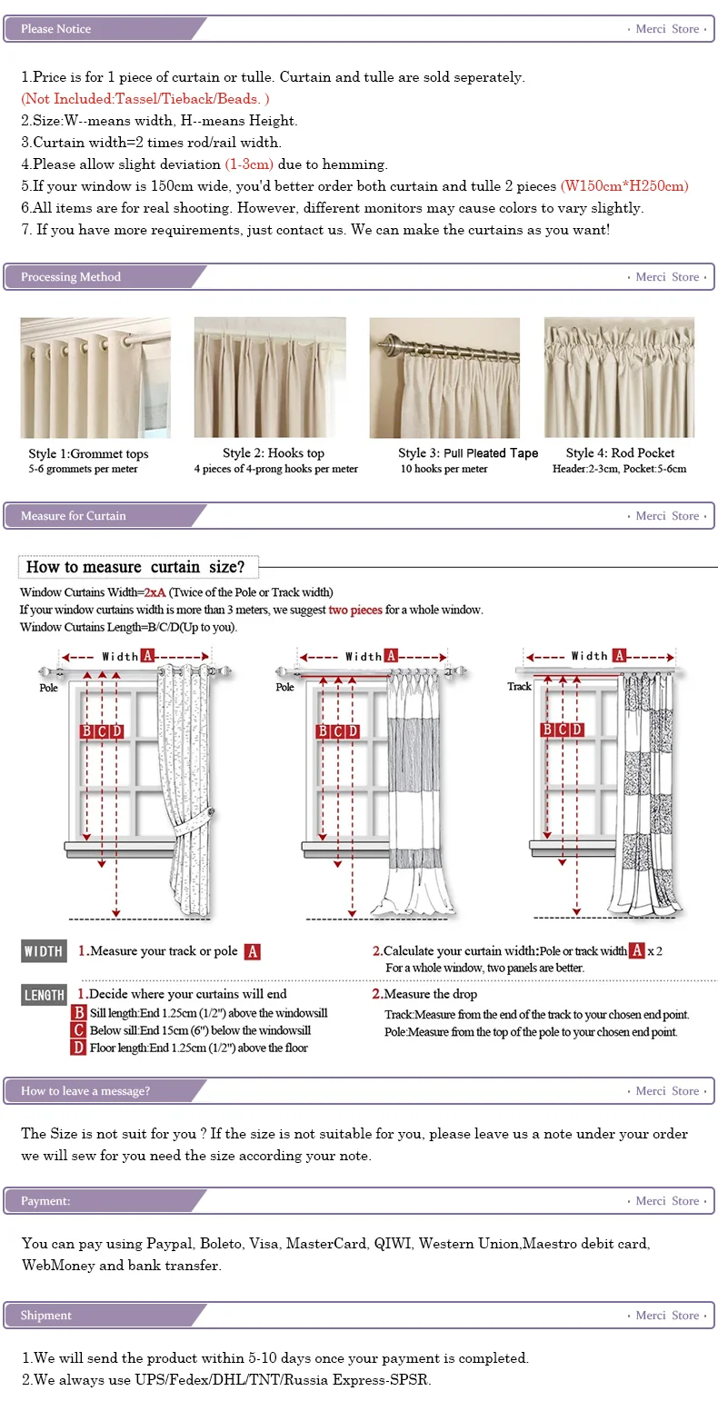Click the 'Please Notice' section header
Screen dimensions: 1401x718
pos(56,29)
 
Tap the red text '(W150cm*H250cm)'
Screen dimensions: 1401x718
pos(623,186)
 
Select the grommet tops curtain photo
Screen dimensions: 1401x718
pos(95,378)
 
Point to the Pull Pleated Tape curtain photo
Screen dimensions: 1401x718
pos(444,378)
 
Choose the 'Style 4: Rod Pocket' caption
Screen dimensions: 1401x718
pos(620,453)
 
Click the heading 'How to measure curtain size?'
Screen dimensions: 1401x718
pos(136,567)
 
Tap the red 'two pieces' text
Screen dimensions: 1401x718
pos(355,610)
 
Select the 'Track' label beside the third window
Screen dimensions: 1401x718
pos(519,687)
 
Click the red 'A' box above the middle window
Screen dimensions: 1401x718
pos(391,655)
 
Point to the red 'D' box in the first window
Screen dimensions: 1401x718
pos(116,731)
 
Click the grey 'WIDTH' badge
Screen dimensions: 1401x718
pos(44,951)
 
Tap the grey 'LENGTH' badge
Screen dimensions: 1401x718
pos(44,995)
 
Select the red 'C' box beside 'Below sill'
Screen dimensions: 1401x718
pos(79,1030)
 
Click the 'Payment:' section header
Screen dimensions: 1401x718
pos(45,1201)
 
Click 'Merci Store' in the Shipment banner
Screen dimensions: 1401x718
pos(667,1316)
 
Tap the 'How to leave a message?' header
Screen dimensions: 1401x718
pos(85,1091)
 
